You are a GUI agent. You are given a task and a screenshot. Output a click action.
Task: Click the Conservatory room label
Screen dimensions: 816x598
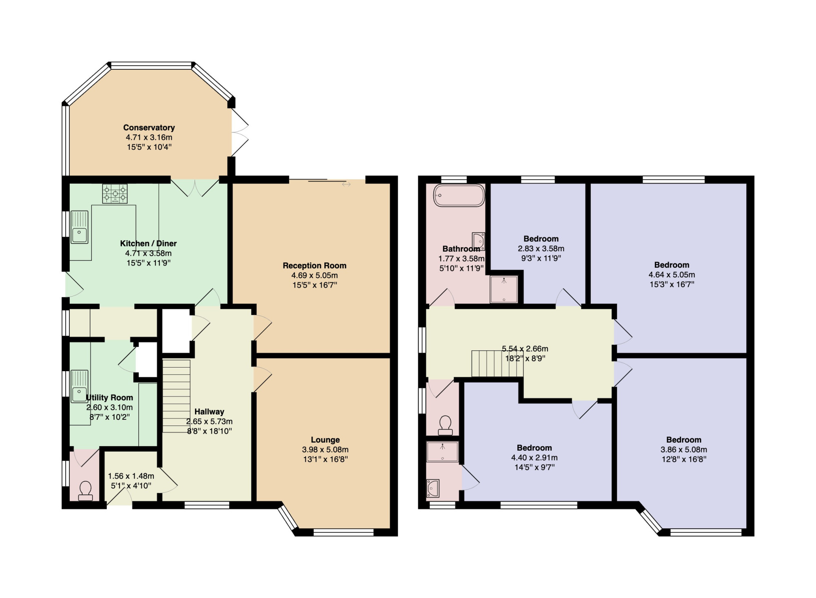[149, 128]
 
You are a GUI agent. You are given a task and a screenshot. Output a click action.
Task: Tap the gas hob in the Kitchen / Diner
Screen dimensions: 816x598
[115, 193]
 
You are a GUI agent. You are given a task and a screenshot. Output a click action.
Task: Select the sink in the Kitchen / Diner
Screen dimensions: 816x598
[80, 227]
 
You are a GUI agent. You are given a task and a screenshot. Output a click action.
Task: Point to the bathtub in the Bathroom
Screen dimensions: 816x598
[459, 196]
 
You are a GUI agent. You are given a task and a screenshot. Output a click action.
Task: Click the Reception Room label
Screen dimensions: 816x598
[315, 266]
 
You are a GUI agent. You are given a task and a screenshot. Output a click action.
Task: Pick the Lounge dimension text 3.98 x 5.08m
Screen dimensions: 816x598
[325, 450]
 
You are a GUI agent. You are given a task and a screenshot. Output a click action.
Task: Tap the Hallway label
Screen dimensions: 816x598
[209, 412]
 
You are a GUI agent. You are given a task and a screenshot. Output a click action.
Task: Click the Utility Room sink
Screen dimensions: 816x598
[80, 386]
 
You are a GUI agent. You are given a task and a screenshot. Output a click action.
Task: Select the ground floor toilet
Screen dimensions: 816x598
[85, 491]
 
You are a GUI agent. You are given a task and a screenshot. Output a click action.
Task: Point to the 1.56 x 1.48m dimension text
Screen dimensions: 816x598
[131, 476]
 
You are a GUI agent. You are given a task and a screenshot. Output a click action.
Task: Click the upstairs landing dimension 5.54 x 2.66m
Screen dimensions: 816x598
[525, 349]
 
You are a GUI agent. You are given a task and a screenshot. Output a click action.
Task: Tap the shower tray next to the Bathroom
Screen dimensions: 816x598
[504, 290]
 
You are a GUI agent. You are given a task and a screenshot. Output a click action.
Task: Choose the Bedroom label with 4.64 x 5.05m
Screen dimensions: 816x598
[672, 265]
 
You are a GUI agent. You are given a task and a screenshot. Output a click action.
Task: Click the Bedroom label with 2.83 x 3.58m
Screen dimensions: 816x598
[541, 239]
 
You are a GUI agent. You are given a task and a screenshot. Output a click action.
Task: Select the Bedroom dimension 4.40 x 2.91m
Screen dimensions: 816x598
[534, 458]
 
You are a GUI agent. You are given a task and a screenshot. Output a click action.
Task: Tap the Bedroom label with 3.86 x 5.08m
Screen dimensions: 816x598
[684, 440]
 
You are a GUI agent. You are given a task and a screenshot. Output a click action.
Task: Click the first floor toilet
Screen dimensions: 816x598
[445, 425]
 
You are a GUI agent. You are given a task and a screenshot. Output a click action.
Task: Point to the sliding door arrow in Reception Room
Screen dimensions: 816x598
[346, 184]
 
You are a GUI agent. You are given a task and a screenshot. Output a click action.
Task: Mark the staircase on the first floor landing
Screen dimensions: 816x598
[497, 363]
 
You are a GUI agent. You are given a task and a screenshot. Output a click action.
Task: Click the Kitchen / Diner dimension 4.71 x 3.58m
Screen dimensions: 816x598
[149, 253]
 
